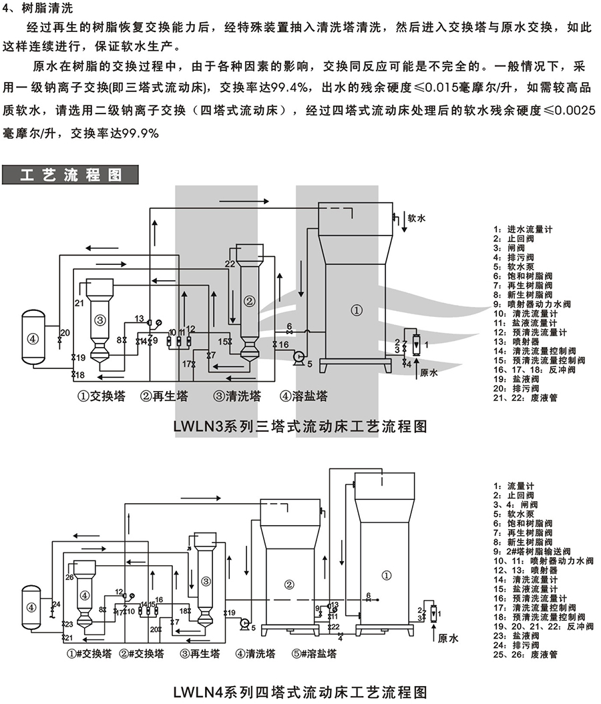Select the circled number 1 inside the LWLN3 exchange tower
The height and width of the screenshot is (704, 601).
click(x=357, y=310)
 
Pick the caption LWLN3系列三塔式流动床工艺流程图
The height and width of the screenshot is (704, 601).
click(x=300, y=426)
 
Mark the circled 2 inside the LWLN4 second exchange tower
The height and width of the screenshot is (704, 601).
click(x=289, y=585)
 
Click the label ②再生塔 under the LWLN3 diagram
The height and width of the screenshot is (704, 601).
click(x=164, y=396)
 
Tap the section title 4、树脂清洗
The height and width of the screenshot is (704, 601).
click(x=42, y=9)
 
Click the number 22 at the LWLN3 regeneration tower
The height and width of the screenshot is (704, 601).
click(x=229, y=264)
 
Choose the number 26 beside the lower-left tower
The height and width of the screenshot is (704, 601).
click(x=69, y=577)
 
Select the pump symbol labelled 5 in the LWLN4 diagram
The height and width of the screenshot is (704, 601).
click(x=244, y=623)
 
